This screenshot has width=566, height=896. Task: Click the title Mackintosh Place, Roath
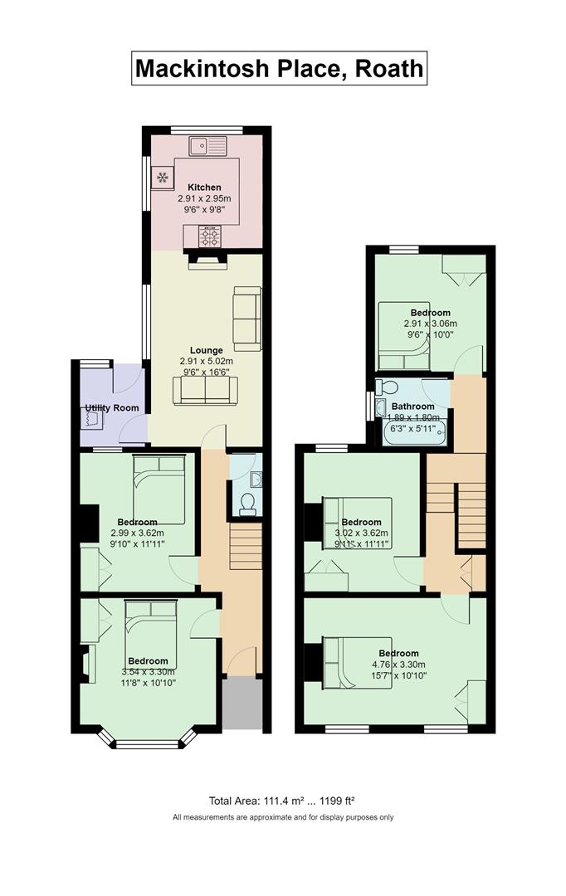[280, 69]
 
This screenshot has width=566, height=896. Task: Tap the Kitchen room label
[204, 187]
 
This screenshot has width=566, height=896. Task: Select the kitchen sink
[208, 146]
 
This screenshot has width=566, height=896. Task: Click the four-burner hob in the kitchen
[208, 236]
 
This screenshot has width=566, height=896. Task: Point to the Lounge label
[207, 350]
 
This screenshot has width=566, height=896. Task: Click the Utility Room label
[112, 408]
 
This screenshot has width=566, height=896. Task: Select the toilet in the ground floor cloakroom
[247, 504]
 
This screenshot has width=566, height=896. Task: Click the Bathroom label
[412, 407]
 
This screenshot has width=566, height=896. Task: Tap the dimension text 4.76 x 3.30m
[398, 665]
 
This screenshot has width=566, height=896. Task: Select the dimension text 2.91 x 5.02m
[207, 361]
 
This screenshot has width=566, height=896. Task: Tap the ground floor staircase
[246, 548]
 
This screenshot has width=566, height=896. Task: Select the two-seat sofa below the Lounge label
[205, 391]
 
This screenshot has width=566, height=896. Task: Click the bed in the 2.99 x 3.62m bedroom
[159, 489]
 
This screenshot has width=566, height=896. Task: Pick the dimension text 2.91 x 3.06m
[431, 324]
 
